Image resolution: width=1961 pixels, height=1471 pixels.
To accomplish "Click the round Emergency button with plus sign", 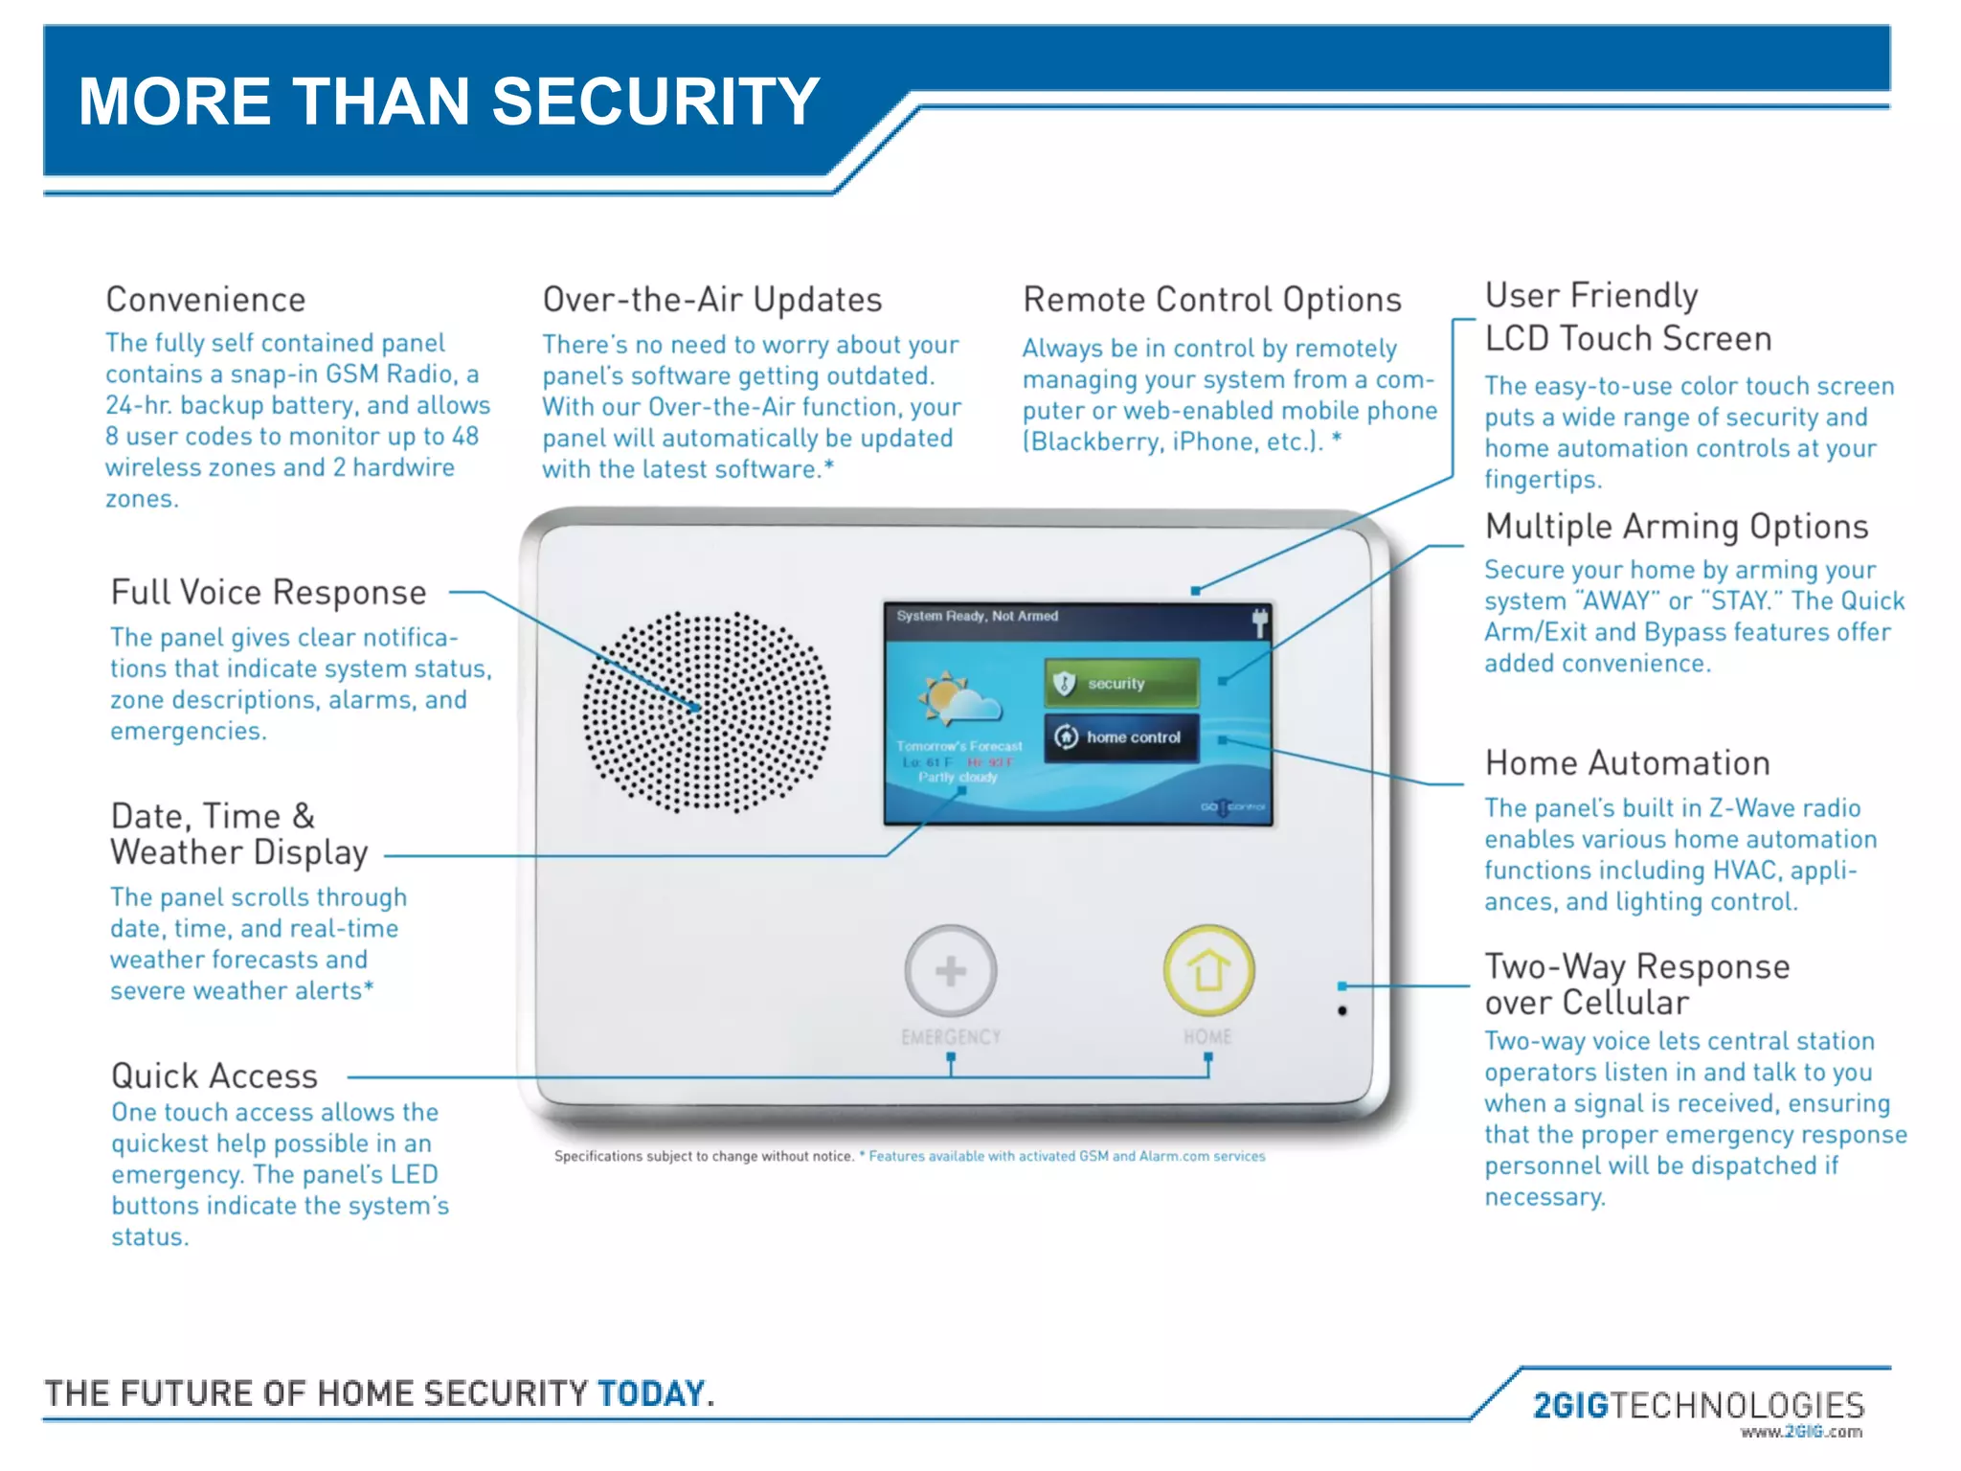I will [x=950, y=971].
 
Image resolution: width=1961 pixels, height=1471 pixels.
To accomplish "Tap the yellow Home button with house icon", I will [x=1208, y=970].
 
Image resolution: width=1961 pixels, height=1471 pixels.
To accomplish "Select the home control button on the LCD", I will [x=1121, y=737].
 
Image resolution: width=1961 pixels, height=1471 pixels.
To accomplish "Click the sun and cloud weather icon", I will [x=958, y=699].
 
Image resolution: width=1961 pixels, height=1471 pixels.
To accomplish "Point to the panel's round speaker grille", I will [x=707, y=712].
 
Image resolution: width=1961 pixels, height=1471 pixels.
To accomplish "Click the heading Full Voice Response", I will [x=268, y=593].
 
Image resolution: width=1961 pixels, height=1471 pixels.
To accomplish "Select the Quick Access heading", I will [x=214, y=1076].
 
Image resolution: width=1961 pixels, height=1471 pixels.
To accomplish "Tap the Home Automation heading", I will [x=1627, y=763].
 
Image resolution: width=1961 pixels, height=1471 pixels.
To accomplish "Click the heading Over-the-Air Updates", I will [x=712, y=300].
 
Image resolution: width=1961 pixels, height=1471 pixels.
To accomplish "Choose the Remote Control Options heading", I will [x=1212, y=300].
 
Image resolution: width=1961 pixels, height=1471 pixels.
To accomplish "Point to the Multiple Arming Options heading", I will [x=1676, y=527].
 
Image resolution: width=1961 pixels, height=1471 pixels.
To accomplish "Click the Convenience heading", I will [x=206, y=300].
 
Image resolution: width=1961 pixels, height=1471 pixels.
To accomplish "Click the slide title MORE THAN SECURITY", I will [x=449, y=102].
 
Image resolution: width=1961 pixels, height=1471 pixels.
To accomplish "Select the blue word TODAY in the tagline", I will [x=651, y=1393].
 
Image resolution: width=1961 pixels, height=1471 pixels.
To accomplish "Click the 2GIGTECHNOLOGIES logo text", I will [x=1699, y=1405].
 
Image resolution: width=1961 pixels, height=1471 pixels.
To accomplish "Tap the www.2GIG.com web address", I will [x=1801, y=1433].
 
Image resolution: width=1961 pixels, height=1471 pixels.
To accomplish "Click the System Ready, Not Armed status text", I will [x=977, y=616].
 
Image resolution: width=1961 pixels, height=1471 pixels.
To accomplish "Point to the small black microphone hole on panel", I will [x=1342, y=1010].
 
